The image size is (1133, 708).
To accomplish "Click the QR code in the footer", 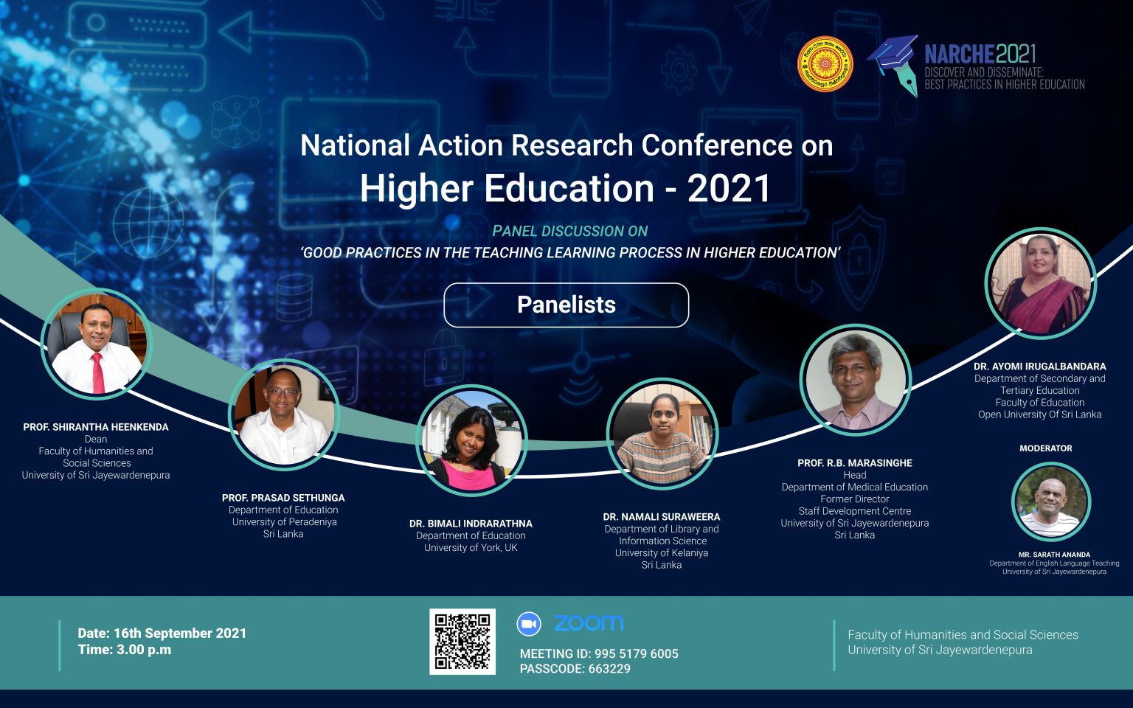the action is (462, 641).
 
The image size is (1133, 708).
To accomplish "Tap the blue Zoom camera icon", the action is (529, 623).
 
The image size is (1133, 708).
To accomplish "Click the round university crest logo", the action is (825, 63).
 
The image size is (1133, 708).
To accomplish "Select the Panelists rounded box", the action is (566, 305).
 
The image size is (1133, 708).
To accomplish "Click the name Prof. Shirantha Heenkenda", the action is (96, 427).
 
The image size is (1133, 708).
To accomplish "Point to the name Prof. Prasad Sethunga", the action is (283, 498).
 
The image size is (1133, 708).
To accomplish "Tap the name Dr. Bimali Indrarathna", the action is (471, 524).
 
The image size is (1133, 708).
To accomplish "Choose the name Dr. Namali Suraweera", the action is (662, 517).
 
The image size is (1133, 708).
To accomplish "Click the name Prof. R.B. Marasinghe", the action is (855, 462).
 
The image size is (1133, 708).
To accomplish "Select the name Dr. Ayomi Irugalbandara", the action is (1040, 366).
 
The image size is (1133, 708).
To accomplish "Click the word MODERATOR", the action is (1045, 448).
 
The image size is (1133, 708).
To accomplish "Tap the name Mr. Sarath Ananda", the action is (1055, 555).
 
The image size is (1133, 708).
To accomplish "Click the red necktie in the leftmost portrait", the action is (97, 373).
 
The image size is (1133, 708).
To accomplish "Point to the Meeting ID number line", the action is (599, 653).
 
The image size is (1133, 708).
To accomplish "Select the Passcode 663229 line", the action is (575, 669).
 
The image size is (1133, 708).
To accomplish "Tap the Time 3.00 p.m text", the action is (125, 650).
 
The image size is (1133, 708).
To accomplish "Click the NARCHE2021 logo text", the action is (980, 54).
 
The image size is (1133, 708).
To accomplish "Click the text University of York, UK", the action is (471, 548).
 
